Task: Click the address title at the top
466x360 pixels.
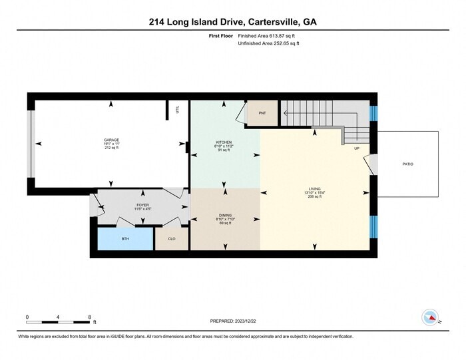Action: pyautogui.click(x=232, y=22)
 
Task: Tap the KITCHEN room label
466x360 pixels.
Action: pyautogui.click(x=224, y=142)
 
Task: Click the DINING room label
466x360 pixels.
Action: pyautogui.click(x=225, y=215)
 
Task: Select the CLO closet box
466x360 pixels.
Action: pyautogui.click(x=172, y=238)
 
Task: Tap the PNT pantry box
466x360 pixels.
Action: pyautogui.click(x=262, y=114)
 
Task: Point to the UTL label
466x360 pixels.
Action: pyautogui.click(x=178, y=110)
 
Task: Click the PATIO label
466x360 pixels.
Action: pyautogui.click(x=407, y=164)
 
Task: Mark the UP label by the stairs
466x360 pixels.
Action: pyautogui.click(x=357, y=148)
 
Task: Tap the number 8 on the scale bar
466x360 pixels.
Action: pyautogui.click(x=89, y=317)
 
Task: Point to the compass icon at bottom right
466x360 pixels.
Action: pyautogui.click(x=431, y=317)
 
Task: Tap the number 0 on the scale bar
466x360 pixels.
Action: pyautogui.click(x=27, y=317)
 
